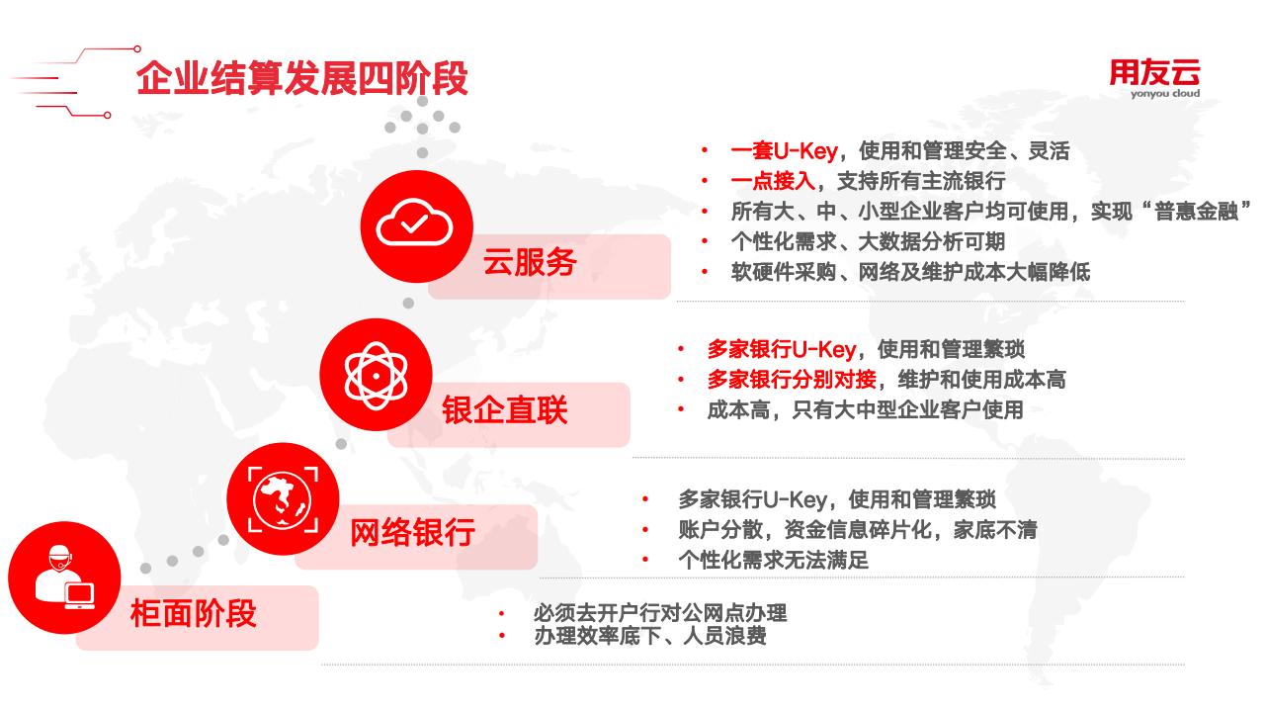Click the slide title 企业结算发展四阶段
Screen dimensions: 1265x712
[302, 78]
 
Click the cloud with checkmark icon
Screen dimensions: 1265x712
[414, 222]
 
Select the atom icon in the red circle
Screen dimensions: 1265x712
[376, 375]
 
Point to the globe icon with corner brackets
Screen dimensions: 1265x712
[283, 499]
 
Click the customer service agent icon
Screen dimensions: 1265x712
[65, 577]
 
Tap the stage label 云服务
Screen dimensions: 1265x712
[530, 262]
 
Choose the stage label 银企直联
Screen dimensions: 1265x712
[505, 409]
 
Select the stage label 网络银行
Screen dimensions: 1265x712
[413, 532]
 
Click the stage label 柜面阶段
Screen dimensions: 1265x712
[193, 614]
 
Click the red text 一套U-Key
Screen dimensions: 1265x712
[785, 151]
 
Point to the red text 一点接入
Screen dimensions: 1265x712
[773, 181]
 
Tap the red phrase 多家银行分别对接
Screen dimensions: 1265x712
[792, 379]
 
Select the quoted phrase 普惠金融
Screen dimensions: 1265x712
[1196, 212]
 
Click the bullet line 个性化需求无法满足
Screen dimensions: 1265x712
[773, 560]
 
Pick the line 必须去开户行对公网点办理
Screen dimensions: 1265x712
[660, 612]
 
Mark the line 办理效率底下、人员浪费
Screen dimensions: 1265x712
[650, 636]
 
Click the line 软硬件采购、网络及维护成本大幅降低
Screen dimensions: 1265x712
[910, 272]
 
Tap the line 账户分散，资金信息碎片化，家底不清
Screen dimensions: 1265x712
[858, 529]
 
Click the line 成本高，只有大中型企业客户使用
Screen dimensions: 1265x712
[865, 409]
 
